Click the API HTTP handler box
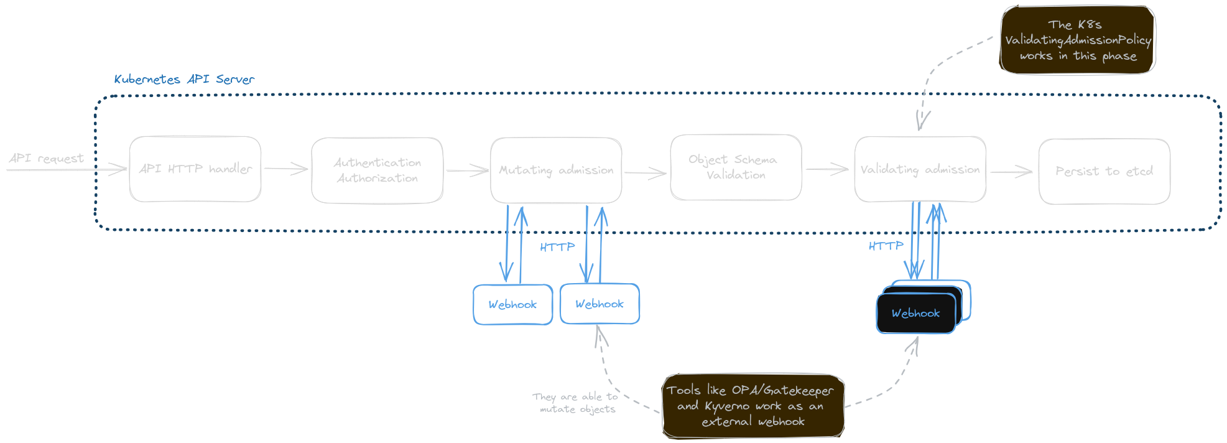(x=195, y=169)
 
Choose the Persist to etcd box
(x=1104, y=171)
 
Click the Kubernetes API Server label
(x=184, y=80)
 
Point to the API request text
(x=47, y=159)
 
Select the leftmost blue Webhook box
(x=512, y=305)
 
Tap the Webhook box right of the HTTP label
(x=600, y=304)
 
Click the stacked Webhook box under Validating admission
(x=915, y=314)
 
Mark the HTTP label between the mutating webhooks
(x=557, y=248)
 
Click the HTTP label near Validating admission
(x=886, y=246)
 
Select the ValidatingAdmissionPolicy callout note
(x=1078, y=40)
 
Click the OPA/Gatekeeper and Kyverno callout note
(x=752, y=406)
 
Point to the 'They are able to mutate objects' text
(x=576, y=403)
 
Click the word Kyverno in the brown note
(x=727, y=406)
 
